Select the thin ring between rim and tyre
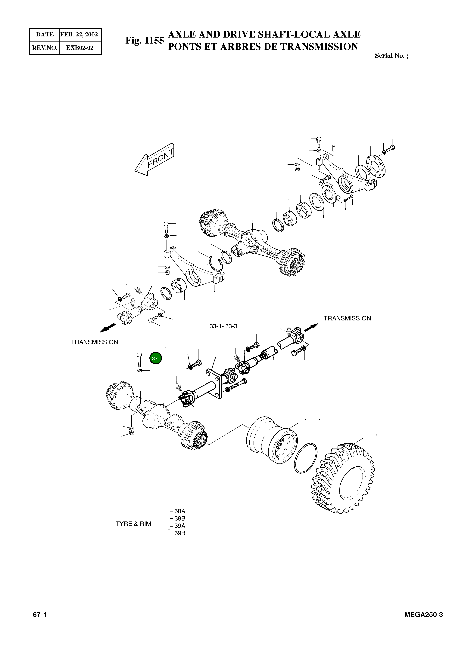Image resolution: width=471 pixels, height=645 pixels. coord(306,458)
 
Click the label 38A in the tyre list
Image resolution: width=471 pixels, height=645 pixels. coord(180,511)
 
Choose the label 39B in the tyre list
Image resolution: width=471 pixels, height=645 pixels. coord(180,533)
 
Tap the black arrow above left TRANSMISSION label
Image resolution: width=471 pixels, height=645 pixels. coord(108,328)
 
